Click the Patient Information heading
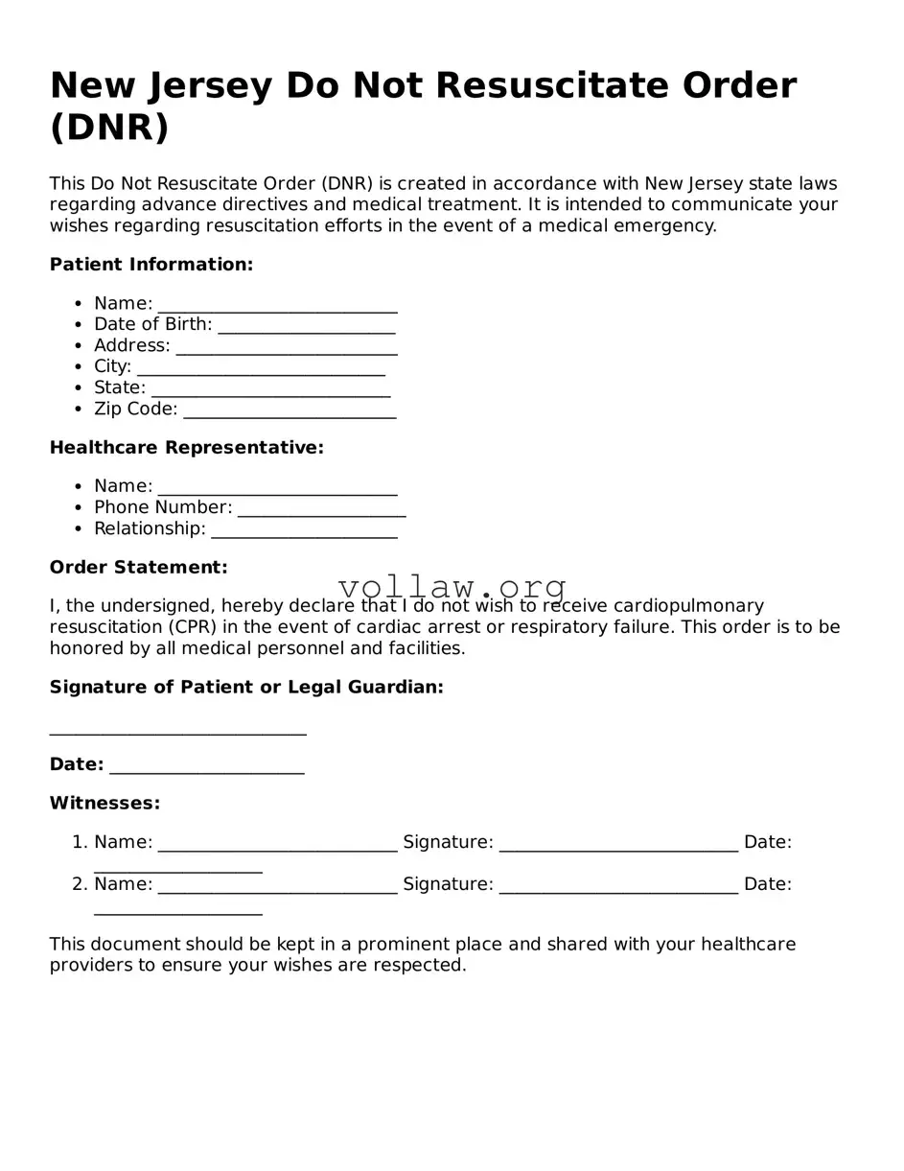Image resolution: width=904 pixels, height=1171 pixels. pyautogui.click(x=151, y=265)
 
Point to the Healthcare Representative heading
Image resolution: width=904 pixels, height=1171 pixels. pyautogui.click(x=187, y=448)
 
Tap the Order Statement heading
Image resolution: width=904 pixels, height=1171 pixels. pyautogui.click(x=139, y=568)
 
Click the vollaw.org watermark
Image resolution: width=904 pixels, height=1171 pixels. pyautogui.click(x=452, y=587)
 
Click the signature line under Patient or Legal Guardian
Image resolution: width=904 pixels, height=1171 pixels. pyautogui.click(x=177, y=731)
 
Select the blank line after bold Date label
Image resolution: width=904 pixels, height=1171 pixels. pyautogui.click(x=207, y=768)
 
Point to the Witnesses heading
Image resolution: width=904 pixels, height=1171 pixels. pyautogui.click(x=104, y=804)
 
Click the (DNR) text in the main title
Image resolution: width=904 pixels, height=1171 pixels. pyautogui.click(x=109, y=128)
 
